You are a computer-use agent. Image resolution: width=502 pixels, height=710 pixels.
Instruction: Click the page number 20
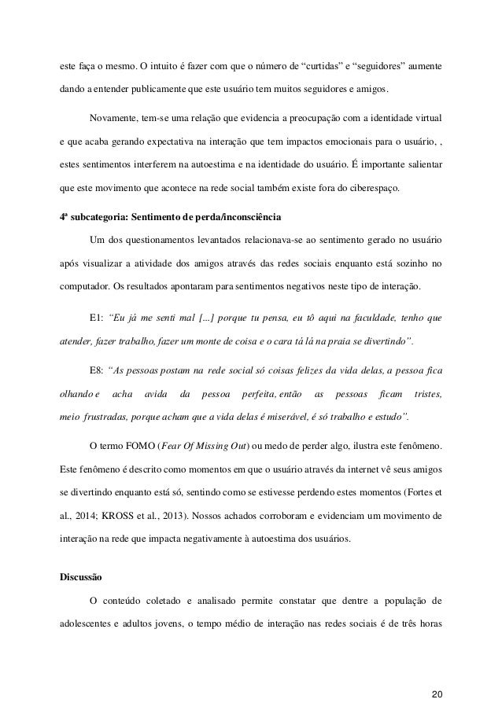tap(437, 672)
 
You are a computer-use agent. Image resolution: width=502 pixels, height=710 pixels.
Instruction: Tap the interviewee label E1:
tap(96, 318)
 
